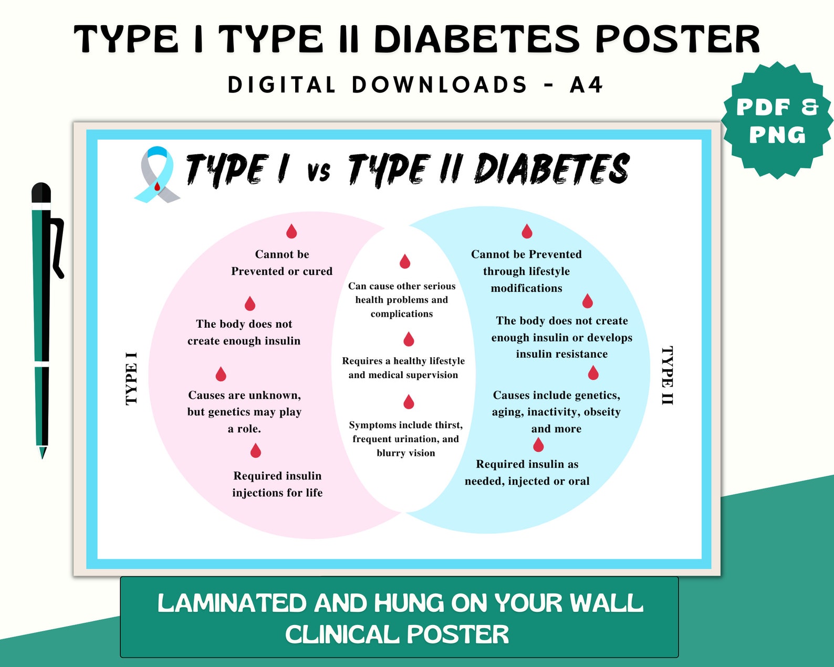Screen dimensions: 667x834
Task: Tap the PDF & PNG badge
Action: (776, 121)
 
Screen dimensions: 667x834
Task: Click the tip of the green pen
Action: (43, 453)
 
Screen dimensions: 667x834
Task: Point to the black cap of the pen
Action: (41, 193)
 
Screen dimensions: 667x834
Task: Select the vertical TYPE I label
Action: (131, 378)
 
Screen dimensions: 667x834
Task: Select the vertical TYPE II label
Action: (667, 375)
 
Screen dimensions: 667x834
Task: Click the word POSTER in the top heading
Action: (677, 39)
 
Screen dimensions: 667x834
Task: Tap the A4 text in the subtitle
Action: (586, 85)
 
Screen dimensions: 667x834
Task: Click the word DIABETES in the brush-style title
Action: (551, 169)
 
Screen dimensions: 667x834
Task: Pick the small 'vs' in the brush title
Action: (318, 171)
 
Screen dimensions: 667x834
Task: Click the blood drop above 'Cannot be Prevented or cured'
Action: (291, 231)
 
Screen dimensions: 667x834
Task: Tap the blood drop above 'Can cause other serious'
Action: (404, 261)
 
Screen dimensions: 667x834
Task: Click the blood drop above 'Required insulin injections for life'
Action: (256, 451)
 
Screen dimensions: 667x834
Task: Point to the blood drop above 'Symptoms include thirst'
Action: (409, 402)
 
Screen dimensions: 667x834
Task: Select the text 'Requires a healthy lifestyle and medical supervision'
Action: (403, 368)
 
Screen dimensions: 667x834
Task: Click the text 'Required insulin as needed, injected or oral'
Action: (527, 473)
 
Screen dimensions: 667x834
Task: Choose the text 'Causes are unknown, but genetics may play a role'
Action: (244, 412)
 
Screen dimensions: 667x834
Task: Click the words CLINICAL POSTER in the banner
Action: (397, 634)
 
